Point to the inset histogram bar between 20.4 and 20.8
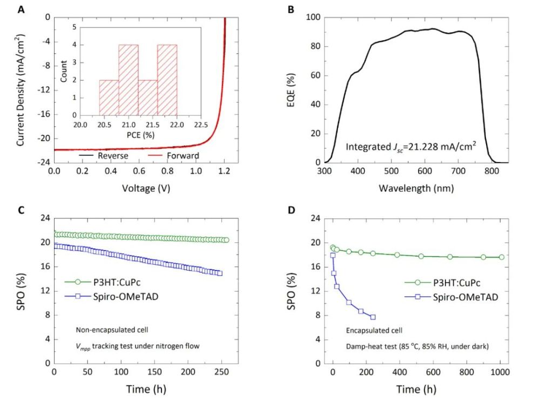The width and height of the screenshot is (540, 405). [109, 98]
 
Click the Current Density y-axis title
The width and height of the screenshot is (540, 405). [20, 90]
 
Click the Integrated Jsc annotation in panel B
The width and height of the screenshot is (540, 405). [410, 146]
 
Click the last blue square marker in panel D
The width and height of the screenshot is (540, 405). [373, 317]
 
